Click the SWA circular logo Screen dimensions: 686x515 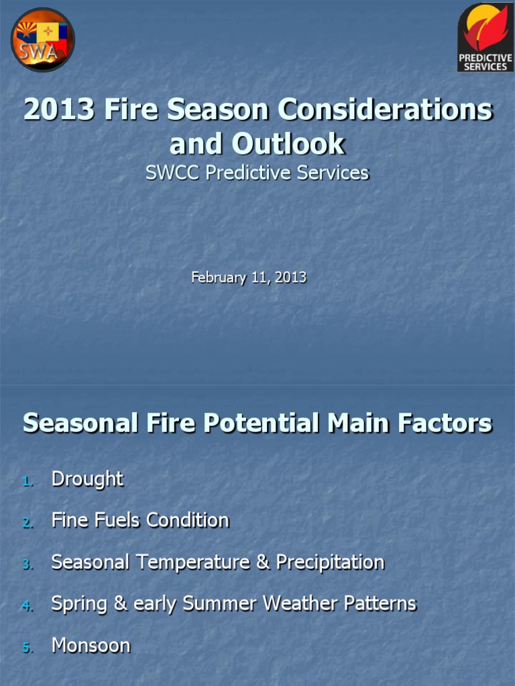point(42,40)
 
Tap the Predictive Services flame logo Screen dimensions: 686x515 point(485,37)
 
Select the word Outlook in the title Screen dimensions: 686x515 point(288,144)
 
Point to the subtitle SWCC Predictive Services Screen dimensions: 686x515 point(257,173)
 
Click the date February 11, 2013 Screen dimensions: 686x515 point(249,277)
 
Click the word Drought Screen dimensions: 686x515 point(87,479)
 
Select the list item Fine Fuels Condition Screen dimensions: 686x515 point(140,521)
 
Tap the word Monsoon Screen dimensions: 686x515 point(91,646)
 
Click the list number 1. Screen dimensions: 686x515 point(27,481)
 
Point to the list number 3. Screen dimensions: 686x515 point(27,564)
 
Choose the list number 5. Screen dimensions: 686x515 point(27,648)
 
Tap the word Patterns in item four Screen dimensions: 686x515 point(380,604)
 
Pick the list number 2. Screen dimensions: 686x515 point(27,523)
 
